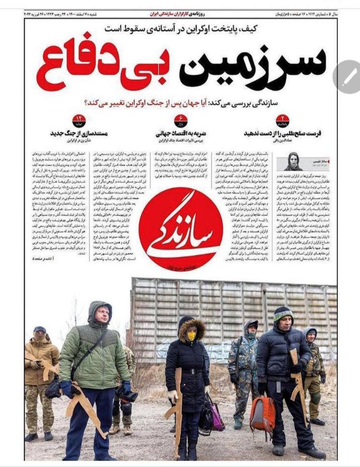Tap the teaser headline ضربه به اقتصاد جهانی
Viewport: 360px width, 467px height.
pos(181,134)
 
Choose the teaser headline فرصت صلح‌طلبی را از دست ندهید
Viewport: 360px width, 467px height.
pos(283,134)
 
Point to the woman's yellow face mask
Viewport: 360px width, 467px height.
pos(192,335)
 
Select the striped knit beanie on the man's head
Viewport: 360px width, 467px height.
pos(283,314)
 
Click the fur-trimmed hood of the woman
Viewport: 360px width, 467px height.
pos(192,324)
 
